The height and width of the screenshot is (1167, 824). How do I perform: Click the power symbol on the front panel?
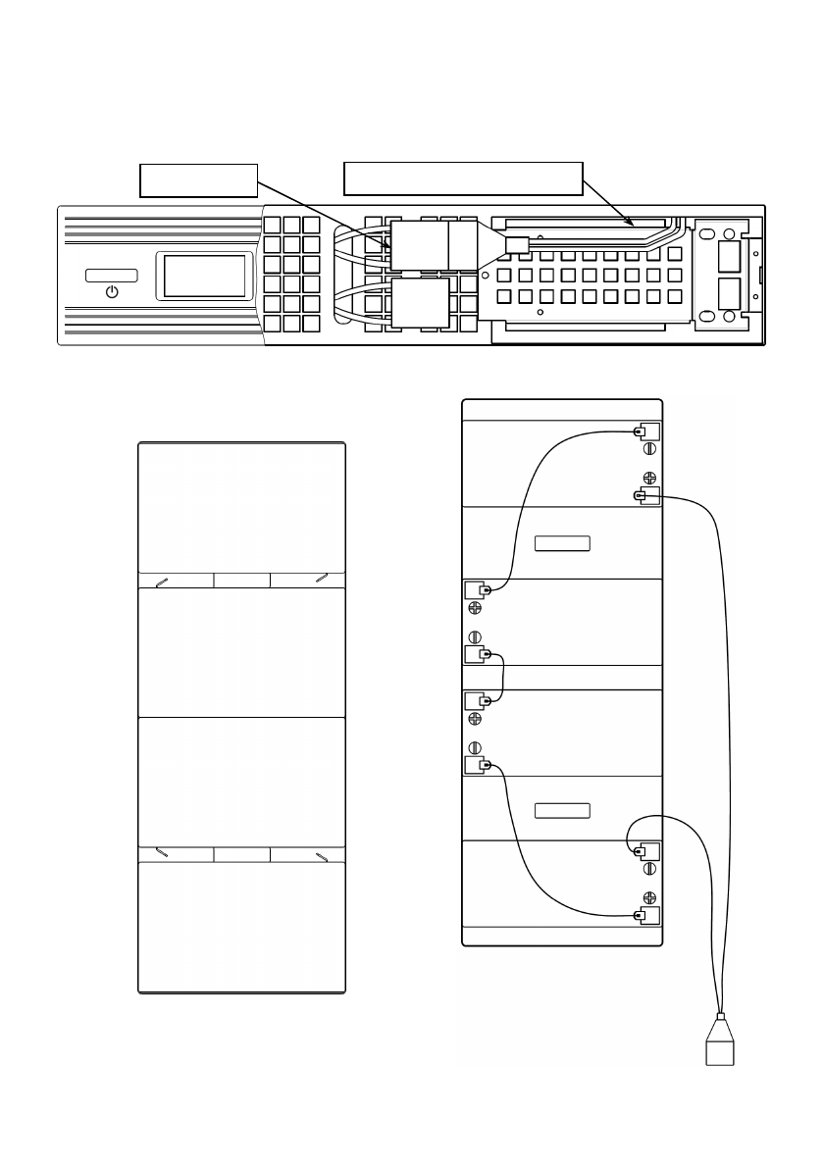pos(112,292)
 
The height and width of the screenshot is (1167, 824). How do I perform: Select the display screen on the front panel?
pos(204,276)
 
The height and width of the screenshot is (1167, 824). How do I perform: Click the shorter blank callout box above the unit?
pos(198,179)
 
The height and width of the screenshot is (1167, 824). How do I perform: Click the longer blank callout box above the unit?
pos(463,178)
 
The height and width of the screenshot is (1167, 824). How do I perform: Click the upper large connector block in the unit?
pos(419,243)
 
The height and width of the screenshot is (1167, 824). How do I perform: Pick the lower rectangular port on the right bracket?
pos(729,293)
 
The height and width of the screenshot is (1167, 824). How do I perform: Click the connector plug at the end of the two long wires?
pos(720,1045)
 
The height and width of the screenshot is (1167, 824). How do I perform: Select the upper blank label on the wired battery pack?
pos(562,543)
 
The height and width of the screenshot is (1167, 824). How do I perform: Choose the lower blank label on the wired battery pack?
pos(562,810)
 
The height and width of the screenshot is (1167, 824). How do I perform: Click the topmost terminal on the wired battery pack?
pos(646,431)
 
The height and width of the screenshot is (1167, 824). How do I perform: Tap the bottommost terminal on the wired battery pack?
pos(646,917)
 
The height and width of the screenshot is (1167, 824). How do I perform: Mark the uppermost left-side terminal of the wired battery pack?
pos(477,589)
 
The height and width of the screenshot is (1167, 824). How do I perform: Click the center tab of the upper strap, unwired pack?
pos(241,580)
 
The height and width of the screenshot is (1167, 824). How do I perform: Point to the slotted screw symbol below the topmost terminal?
pos(648,450)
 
